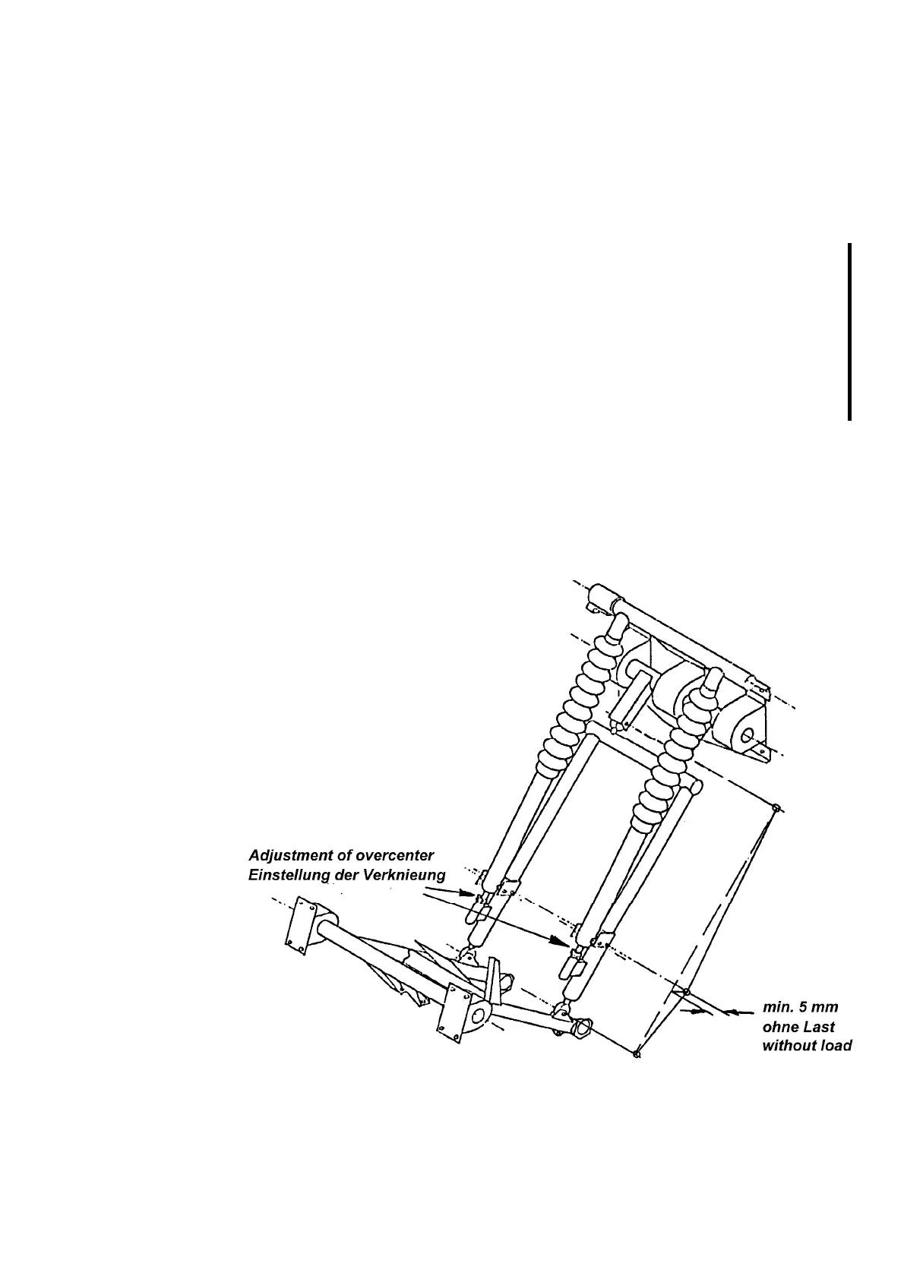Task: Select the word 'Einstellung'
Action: [x=290, y=876]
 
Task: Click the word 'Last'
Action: [x=822, y=1027]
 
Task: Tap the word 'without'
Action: [x=788, y=1045]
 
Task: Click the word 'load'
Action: [x=836, y=1045]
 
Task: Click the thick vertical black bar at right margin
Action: [x=849, y=331]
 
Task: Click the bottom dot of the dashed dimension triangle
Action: [x=637, y=1053]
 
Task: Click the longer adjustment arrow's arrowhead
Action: [x=560, y=943]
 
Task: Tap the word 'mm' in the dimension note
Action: [x=835, y=1009]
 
